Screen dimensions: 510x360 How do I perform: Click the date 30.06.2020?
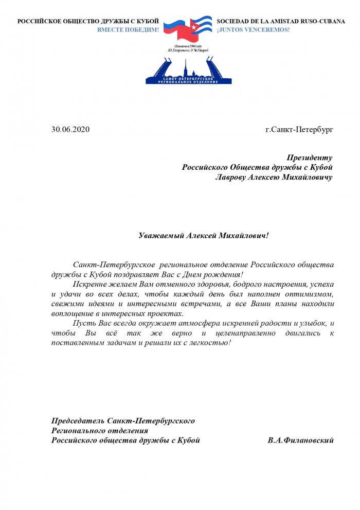tap(70, 129)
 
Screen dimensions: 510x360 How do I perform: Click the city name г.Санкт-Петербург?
tap(299, 129)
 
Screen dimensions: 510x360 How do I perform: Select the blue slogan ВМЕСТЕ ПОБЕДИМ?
tap(128, 30)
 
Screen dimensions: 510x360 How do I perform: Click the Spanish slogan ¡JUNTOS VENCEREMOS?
tap(253, 30)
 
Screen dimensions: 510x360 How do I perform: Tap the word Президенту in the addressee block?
tap(309, 157)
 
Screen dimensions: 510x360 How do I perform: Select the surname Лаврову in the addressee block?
tap(232, 177)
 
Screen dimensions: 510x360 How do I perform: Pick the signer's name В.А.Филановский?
tap(301, 441)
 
